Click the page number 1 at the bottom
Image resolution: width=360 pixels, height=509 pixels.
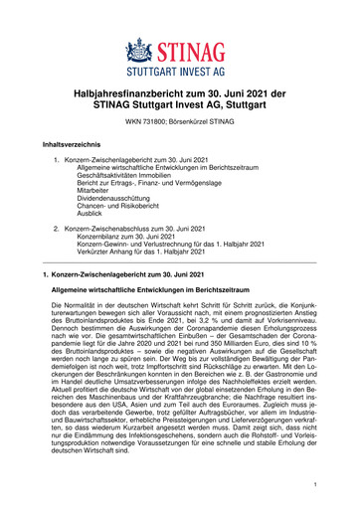pos(311,484)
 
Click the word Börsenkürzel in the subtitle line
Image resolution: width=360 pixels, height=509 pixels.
pos(205,120)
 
